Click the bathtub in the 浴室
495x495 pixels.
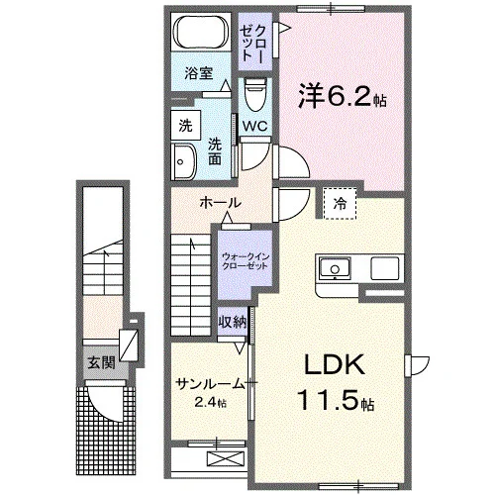pyautogui.click(x=201, y=32)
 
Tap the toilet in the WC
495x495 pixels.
pyautogui.click(x=255, y=95)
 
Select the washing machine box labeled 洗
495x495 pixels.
pyautogui.click(x=186, y=125)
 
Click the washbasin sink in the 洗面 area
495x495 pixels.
pyautogui.click(x=184, y=161)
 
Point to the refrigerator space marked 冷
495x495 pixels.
pyautogui.click(x=340, y=203)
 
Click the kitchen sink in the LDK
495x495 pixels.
pyautogui.click(x=335, y=268)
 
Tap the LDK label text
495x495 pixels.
pyautogui.click(x=335, y=364)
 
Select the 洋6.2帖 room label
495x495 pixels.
pyautogui.click(x=343, y=96)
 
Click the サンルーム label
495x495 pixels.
pyautogui.click(x=210, y=384)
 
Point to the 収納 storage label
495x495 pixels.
pyautogui.click(x=233, y=322)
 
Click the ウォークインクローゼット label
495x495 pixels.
pyautogui.click(x=246, y=261)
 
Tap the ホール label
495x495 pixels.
pyautogui.click(x=221, y=203)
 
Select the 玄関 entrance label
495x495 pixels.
pyautogui.click(x=101, y=363)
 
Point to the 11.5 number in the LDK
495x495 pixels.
pyautogui.click(x=328, y=400)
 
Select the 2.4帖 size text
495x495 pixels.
pyautogui.click(x=210, y=402)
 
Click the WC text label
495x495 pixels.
pyautogui.click(x=254, y=126)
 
